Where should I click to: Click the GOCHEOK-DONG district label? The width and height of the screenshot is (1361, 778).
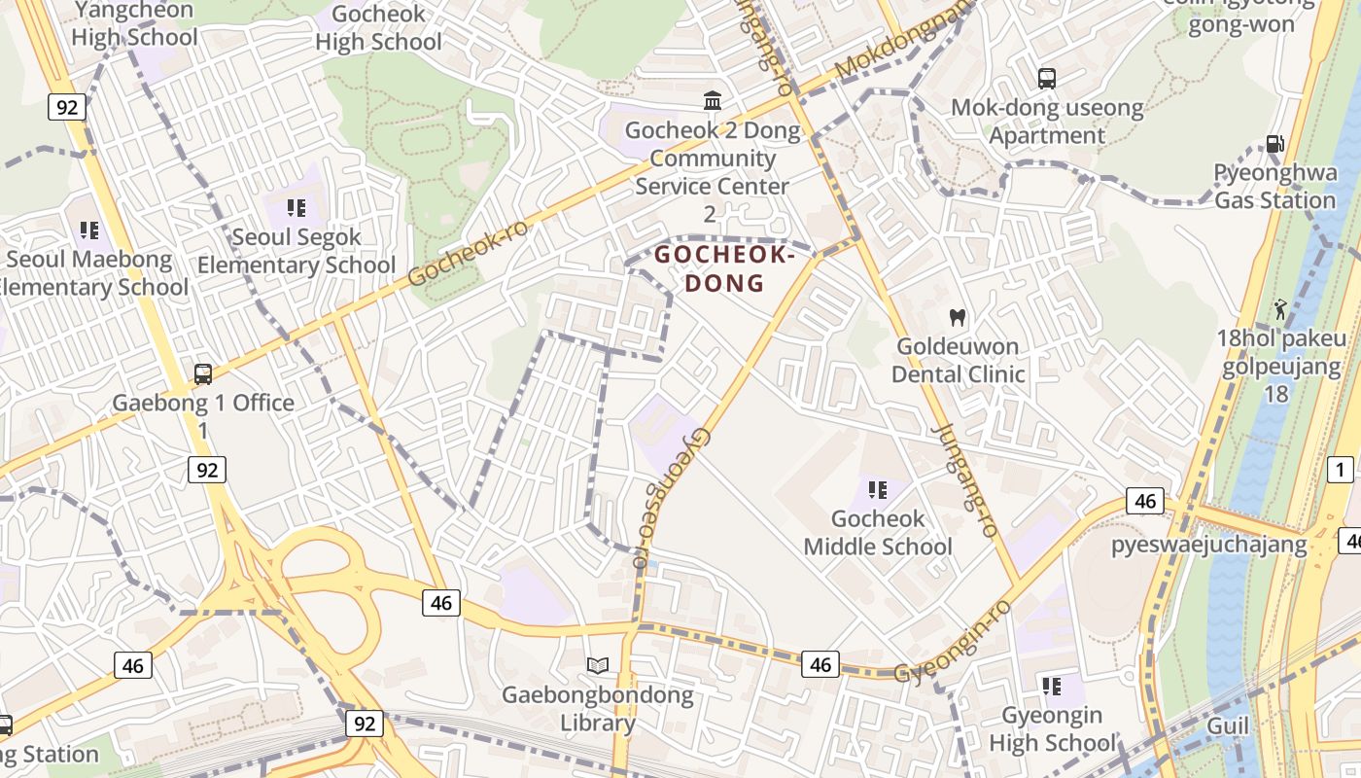[x=723, y=269]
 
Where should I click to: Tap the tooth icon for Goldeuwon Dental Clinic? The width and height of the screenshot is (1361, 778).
[x=958, y=317]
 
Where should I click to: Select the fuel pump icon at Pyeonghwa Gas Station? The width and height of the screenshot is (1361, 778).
[x=1274, y=144]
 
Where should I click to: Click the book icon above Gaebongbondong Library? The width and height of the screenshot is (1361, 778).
[x=598, y=666]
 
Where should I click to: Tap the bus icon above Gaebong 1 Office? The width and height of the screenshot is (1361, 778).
[x=203, y=373]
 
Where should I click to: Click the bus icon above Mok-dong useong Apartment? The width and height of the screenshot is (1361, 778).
[x=1047, y=79]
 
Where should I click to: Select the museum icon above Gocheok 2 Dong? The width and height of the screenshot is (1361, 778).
[x=713, y=101]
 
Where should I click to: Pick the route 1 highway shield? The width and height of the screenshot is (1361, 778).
[x=1340, y=470]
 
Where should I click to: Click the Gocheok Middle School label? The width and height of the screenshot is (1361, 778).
[x=878, y=533]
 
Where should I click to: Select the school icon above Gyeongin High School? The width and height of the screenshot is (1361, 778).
[x=1052, y=687]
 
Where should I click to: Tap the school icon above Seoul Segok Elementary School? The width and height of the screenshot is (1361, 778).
[x=297, y=208]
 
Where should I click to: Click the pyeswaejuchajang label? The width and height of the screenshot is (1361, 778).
[x=1208, y=544]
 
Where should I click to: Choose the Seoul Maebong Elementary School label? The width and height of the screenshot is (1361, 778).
[x=92, y=273]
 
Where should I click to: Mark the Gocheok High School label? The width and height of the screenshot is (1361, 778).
[x=378, y=27]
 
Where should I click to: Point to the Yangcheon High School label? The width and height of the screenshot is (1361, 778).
[x=134, y=23]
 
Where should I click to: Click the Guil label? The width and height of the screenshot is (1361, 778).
[x=1228, y=726]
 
